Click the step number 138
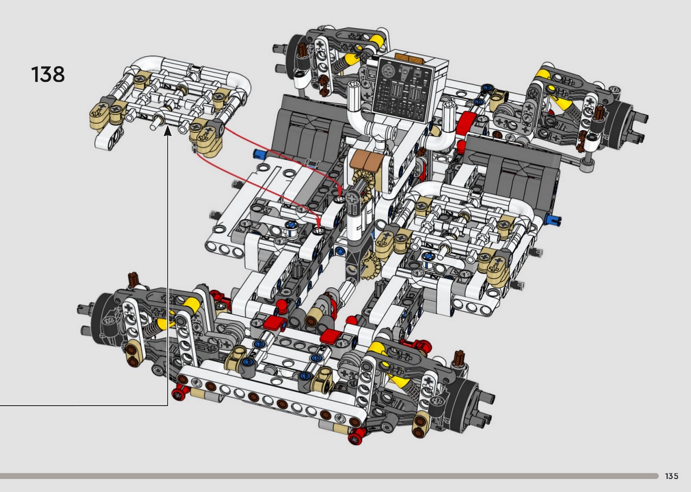tap(48, 75)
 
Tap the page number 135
tap(672, 476)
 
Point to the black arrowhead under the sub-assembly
tap(168, 130)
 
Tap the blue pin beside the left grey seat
tap(259, 153)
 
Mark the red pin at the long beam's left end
tap(179, 394)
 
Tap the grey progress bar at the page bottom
tap(329, 476)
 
